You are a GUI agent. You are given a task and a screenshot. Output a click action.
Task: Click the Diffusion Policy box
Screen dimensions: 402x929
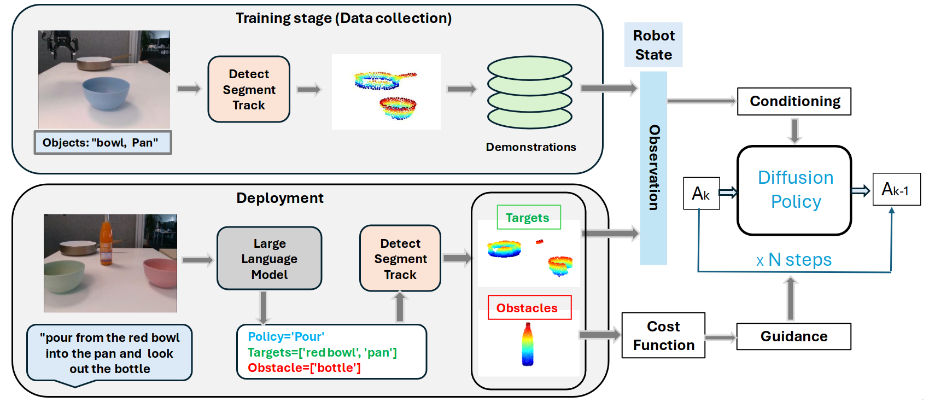(794, 190)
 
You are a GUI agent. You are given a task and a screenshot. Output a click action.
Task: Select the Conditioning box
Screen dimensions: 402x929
(794, 101)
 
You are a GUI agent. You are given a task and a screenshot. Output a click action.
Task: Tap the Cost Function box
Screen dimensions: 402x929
(663, 335)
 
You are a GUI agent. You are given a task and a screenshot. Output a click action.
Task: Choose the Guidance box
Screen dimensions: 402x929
(793, 336)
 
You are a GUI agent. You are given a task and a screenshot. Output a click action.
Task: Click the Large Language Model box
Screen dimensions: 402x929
(269, 258)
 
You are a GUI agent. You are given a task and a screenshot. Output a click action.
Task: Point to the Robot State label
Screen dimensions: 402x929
(653, 45)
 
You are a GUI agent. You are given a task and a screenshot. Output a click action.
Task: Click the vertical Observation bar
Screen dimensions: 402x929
(653, 168)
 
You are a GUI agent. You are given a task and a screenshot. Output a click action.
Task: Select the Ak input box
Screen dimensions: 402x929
(701, 193)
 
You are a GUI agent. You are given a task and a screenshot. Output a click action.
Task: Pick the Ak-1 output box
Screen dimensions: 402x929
(896, 189)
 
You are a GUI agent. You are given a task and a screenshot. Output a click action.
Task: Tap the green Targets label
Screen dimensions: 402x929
(528, 217)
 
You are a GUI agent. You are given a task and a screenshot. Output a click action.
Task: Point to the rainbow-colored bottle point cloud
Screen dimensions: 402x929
(528, 345)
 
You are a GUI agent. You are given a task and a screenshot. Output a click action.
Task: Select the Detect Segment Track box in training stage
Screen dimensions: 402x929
(249, 89)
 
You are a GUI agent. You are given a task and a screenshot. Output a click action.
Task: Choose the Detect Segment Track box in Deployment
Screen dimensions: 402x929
(400, 258)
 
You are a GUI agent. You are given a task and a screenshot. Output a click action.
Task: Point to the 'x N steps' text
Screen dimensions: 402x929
(794, 260)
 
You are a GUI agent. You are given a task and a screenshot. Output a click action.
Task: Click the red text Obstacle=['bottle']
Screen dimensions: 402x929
(304, 368)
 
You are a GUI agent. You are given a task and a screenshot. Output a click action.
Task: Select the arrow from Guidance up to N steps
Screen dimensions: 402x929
(790, 299)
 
